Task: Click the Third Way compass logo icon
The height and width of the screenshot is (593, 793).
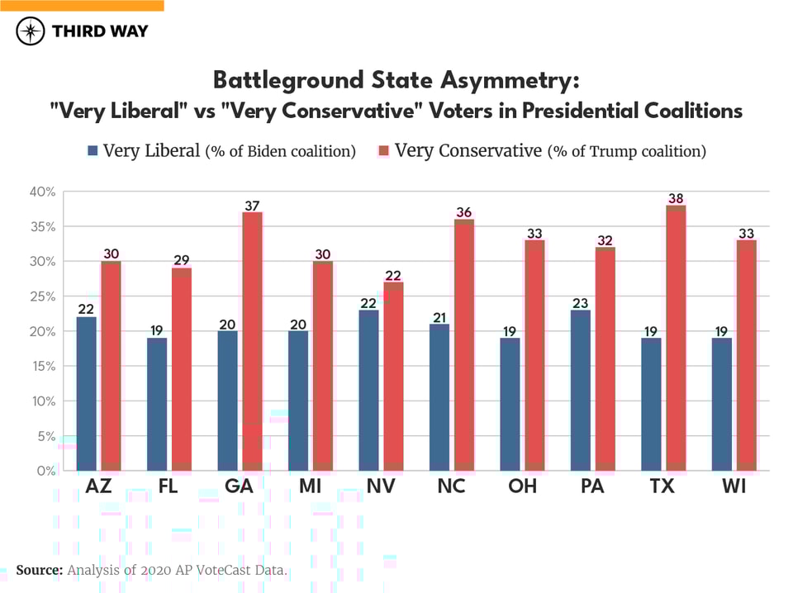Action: [31, 31]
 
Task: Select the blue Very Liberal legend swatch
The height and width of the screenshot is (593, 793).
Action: [93, 151]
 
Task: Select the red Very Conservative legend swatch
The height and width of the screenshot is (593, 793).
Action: [383, 151]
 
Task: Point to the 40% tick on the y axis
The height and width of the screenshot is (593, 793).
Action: [42, 192]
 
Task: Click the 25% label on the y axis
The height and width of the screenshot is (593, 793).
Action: [42, 296]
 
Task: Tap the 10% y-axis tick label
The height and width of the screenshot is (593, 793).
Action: [42, 401]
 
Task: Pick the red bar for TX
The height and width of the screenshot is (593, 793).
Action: [677, 338]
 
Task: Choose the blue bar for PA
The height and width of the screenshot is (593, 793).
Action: [581, 390]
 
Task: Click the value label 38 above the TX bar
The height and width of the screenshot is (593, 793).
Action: [677, 198]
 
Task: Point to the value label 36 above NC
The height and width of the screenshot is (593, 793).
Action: [464, 212]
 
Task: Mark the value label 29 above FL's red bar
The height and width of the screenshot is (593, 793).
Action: [181, 261]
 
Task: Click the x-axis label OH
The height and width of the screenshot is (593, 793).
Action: [522, 486]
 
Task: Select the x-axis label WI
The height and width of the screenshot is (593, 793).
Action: [734, 486]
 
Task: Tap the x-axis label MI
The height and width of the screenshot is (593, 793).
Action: [310, 486]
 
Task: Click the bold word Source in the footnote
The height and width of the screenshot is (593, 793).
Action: [39, 570]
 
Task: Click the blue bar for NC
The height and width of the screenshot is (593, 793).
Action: [439, 397]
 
